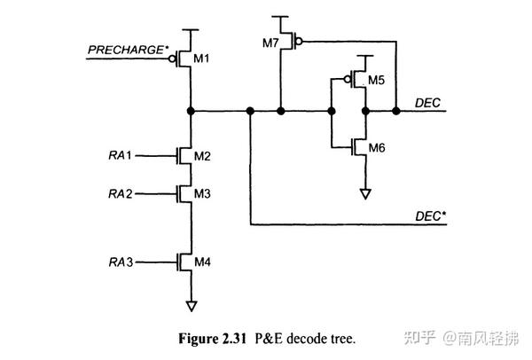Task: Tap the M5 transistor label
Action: (x=376, y=80)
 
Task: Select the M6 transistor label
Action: (x=376, y=147)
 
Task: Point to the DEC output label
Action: (x=427, y=103)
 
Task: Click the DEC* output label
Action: (x=430, y=215)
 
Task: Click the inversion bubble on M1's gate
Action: (x=175, y=59)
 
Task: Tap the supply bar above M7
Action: (x=280, y=17)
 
